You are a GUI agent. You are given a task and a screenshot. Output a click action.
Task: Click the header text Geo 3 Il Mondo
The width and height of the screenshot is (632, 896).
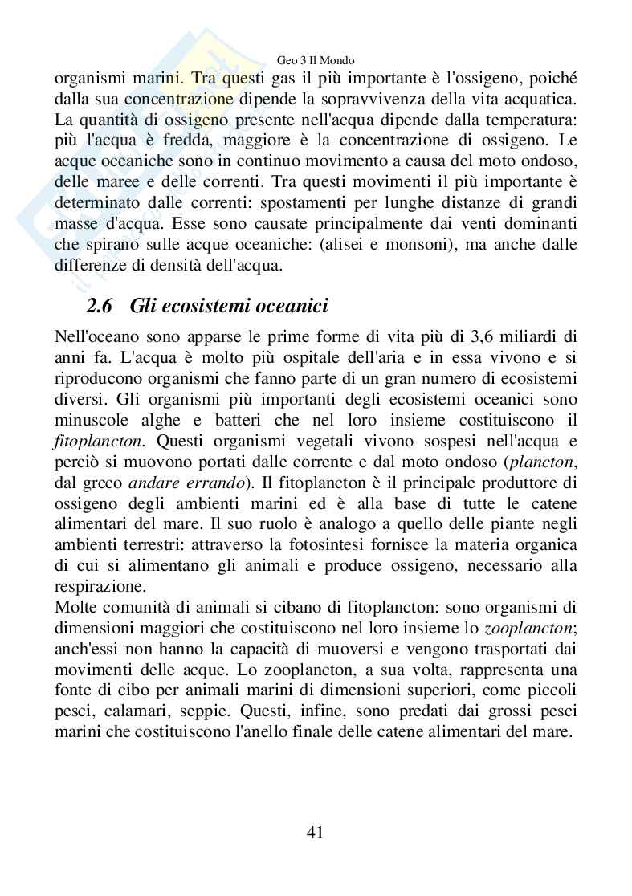click(315, 59)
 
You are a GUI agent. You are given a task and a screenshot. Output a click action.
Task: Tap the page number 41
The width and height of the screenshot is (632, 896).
click(315, 832)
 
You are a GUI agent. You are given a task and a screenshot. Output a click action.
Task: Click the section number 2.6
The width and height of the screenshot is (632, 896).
click(103, 306)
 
